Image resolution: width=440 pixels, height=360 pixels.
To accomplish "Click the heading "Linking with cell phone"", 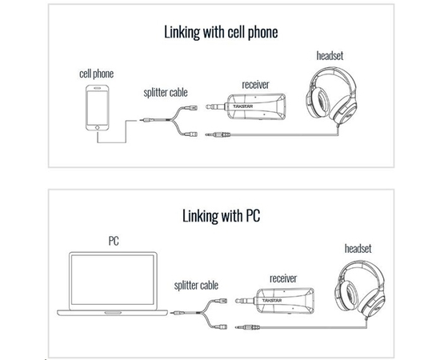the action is (x=221, y=32).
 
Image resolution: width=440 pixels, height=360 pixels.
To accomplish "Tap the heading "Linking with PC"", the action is (x=221, y=216).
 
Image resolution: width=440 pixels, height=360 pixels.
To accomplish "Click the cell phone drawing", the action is (x=97, y=108).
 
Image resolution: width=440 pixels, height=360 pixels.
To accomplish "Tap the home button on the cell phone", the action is (x=97, y=127).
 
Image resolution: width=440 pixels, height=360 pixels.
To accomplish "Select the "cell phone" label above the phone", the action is (x=97, y=74).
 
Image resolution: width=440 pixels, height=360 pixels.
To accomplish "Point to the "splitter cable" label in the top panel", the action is (x=166, y=93).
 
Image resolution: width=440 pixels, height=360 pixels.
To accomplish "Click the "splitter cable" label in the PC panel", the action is (x=196, y=286).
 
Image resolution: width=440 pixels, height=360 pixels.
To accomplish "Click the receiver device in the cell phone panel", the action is (x=246, y=107).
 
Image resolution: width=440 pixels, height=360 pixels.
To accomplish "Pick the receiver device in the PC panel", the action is (x=274, y=301).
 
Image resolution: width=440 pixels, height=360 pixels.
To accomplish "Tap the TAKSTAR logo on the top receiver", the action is (x=242, y=106).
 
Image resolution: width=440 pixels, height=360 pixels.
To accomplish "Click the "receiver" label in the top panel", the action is (x=255, y=85).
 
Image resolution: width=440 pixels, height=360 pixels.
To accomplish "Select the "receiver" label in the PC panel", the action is (x=283, y=278).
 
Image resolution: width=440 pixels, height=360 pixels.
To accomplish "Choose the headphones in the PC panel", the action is (x=360, y=289).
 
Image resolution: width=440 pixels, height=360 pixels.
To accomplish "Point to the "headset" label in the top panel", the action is (x=330, y=55).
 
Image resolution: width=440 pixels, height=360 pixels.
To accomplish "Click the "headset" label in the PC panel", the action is (x=358, y=249).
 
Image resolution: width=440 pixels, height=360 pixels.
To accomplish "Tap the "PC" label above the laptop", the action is (x=114, y=241).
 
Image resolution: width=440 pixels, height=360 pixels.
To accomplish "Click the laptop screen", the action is (x=113, y=280).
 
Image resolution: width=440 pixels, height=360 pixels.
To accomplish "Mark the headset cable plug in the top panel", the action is (x=218, y=135).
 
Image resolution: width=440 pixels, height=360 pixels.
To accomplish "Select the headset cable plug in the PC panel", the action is (x=247, y=327).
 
